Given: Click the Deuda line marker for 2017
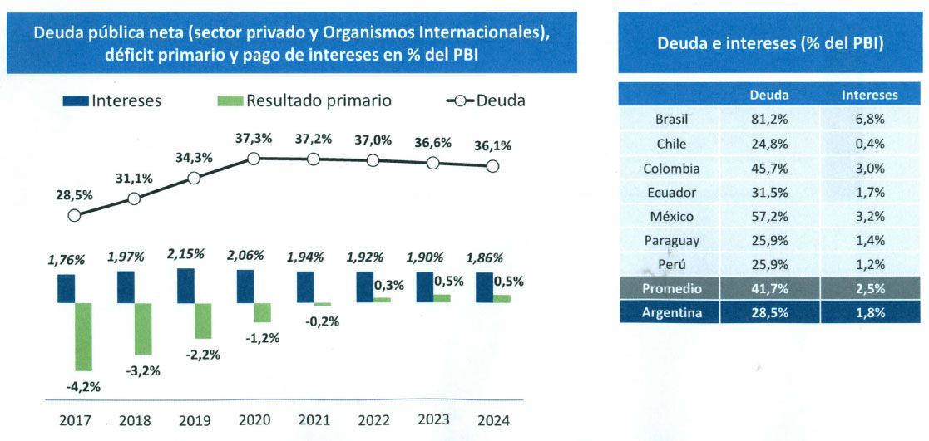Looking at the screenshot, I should pyautogui.click(x=74, y=216).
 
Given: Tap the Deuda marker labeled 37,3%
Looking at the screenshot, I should pyautogui.click(x=254, y=159).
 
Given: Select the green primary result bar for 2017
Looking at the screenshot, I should pyautogui.click(x=84, y=336).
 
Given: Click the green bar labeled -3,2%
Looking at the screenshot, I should pyautogui.click(x=144, y=328).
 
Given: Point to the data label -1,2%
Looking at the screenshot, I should pyautogui.click(x=262, y=338).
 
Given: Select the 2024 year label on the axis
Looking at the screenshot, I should pyautogui.click(x=492, y=420).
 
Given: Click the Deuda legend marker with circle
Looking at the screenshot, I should pyautogui.click(x=460, y=100).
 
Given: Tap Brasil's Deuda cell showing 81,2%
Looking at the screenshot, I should pyautogui.click(x=769, y=119).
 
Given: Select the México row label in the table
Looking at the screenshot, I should pyautogui.click(x=671, y=216).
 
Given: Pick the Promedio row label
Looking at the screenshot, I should pyautogui.click(x=671, y=288).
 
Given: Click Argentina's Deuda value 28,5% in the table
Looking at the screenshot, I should pyautogui.click(x=769, y=312).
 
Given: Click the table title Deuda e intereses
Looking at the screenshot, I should pyautogui.click(x=770, y=43).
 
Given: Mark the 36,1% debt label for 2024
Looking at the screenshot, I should pyautogui.click(x=492, y=145).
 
